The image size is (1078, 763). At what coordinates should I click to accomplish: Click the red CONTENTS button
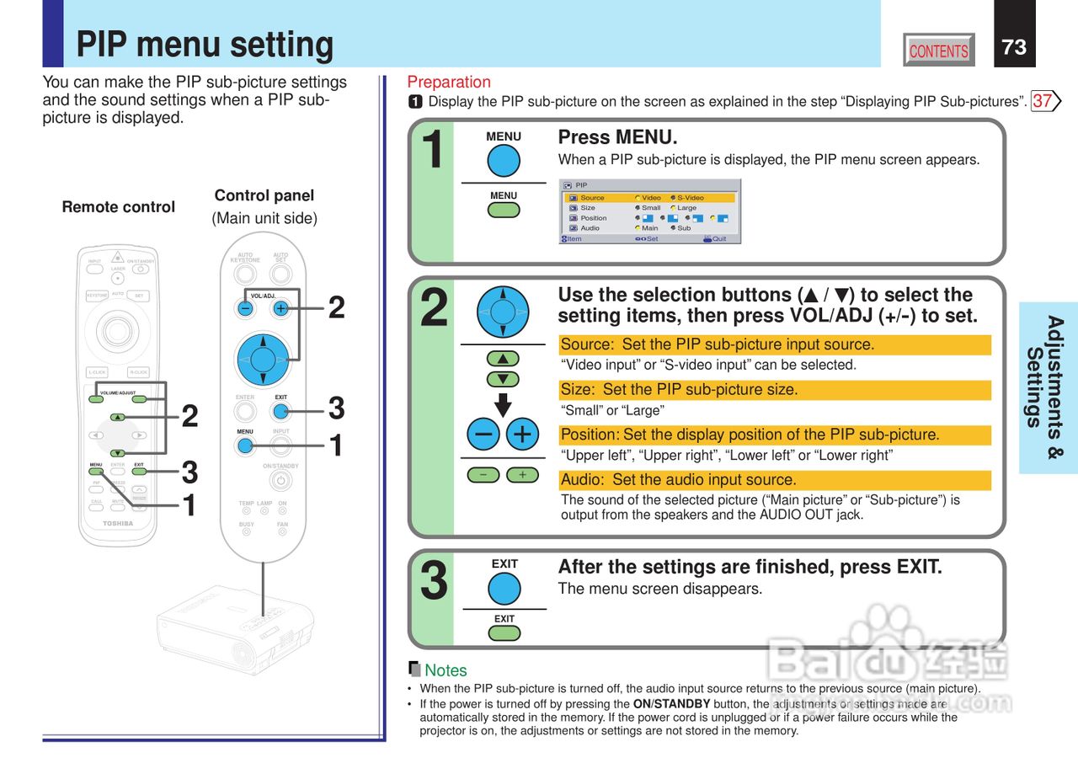(x=938, y=51)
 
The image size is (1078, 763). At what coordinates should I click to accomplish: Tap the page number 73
(x=1014, y=47)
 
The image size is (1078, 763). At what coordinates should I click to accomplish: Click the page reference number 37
(x=1042, y=101)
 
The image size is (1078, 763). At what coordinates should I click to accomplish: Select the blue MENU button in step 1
(x=504, y=161)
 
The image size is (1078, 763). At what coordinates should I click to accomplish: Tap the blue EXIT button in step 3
(x=504, y=588)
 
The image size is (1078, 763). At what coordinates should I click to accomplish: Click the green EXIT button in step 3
(x=504, y=632)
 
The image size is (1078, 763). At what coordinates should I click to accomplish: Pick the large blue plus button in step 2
(x=522, y=435)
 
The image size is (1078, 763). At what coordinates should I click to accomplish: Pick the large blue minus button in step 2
(x=484, y=435)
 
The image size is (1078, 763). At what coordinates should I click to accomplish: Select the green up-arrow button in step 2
(x=503, y=359)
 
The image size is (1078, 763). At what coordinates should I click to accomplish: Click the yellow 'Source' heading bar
(x=775, y=344)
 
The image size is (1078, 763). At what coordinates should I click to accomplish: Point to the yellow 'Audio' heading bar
(x=775, y=480)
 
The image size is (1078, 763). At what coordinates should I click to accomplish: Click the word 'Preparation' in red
(x=449, y=82)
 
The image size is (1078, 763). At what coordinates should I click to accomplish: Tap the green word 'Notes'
(x=446, y=670)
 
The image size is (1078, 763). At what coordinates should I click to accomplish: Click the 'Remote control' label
(x=118, y=207)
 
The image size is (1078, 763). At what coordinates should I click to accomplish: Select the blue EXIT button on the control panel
(x=281, y=411)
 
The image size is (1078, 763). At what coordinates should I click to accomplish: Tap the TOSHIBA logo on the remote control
(x=118, y=524)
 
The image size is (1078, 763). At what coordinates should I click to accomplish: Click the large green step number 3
(x=434, y=582)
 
